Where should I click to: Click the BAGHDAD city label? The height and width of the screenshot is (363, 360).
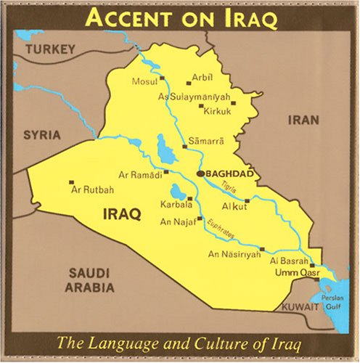[229, 174]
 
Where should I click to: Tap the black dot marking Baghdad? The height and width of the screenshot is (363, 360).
[200, 174]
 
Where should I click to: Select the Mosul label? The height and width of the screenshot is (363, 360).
[143, 81]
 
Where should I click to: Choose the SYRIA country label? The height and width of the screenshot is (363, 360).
[41, 135]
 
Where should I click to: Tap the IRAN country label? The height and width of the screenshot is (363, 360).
[303, 120]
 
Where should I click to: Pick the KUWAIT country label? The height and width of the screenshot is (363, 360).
[300, 307]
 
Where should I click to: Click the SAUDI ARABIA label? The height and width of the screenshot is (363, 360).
[91, 280]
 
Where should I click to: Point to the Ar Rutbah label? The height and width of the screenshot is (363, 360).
[92, 189]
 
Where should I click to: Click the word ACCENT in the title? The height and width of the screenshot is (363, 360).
[128, 19]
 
